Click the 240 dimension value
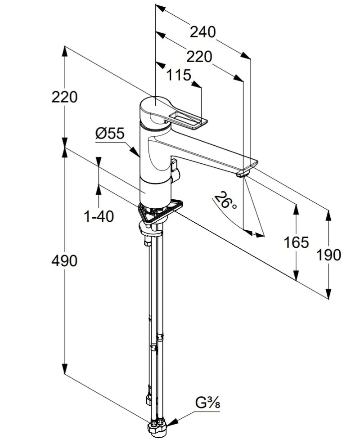coord(203,32)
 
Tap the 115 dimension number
coord(179,75)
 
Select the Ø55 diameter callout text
coord(109,133)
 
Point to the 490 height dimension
coord(64,261)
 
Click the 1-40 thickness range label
coord(99,216)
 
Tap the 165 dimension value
coord(296,242)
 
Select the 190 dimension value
coord(328,255)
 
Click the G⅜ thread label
coord(207,403)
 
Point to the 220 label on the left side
coord(64,97)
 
